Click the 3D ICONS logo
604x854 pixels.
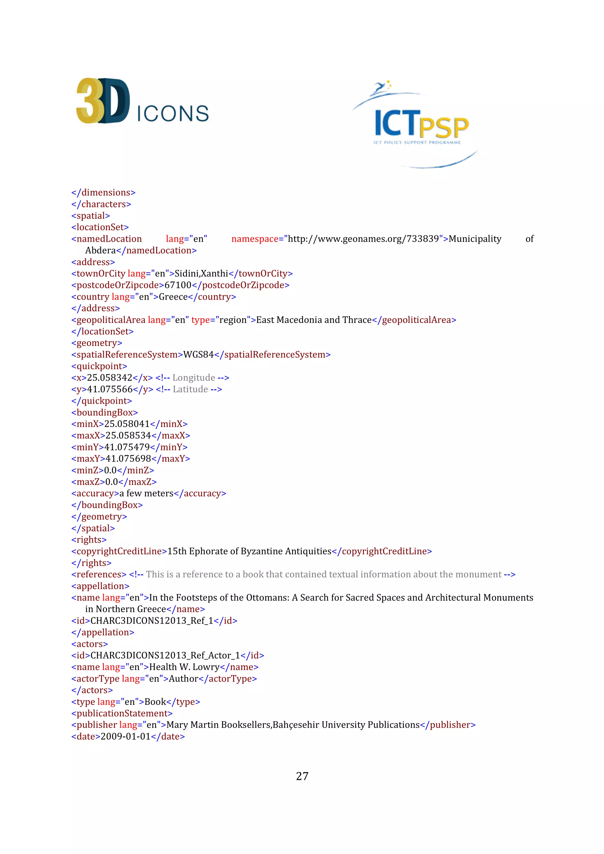pyautogui.click(x=142, y=101)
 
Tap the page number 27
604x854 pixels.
pyautogui.click(x=302, y=776)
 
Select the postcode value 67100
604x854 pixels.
pyautogui.click(x=178, y=285)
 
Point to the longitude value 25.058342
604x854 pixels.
pyautogui.click(x=110, y=378)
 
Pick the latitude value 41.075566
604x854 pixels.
pyautogui.click(x=110, y=390)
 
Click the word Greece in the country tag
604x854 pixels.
pyautogui.click(x=173, y=297)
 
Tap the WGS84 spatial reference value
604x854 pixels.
pyautogui.click(x=198, y=355)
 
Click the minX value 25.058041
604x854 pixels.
pyautogui.click(x=127, y=424)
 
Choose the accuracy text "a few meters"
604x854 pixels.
pyautogui.click(x=146, y=494)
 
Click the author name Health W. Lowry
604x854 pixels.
pyautogui.click(x=185, y=667)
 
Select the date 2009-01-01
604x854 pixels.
pyautogui.click(x=125, y=736)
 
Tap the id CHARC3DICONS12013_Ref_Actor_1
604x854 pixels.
pyautogui.click(x=165, y=655)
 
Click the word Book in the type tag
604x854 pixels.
pyautogui.click(x=155, y=702)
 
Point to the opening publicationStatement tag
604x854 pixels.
pyautogui.click(x=122, y=713)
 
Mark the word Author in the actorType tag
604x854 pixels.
pyautogui.click(x=183, y=679)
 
